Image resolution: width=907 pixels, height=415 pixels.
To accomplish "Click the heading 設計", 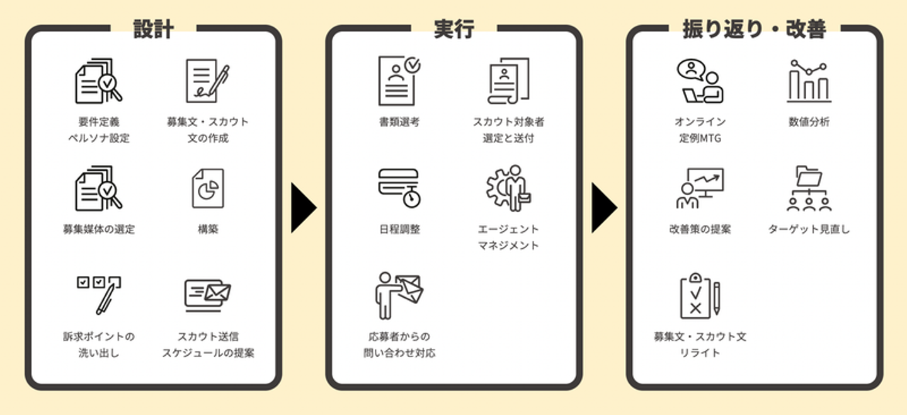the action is click(154, 29).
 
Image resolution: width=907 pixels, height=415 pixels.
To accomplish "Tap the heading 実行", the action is click(454, 29).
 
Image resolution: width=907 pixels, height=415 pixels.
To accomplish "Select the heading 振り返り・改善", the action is click(755, 29).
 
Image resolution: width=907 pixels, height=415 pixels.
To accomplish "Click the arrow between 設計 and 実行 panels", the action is click(303, 208).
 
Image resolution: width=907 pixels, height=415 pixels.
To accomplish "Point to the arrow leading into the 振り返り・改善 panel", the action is click(603, 208).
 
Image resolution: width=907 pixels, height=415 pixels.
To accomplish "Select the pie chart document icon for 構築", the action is click(208, 188).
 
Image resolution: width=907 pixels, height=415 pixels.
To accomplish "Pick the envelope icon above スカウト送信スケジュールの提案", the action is click(208, 295).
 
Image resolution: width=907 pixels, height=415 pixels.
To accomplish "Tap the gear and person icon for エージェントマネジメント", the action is click(508, 188).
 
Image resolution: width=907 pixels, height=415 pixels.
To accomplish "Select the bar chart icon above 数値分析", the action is click(809, 81).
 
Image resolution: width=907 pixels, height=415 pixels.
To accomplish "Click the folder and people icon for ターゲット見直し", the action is click(809, 188).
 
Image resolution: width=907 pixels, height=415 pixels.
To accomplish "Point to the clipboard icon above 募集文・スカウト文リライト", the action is click(700, 295).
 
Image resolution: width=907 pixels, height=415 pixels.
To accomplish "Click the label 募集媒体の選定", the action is click(98, 229).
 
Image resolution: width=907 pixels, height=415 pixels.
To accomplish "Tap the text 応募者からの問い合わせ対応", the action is click(399, 344).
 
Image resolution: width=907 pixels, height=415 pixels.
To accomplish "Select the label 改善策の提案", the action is click(700, 229).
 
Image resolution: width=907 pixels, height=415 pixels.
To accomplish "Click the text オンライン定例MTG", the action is click(700, 130).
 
